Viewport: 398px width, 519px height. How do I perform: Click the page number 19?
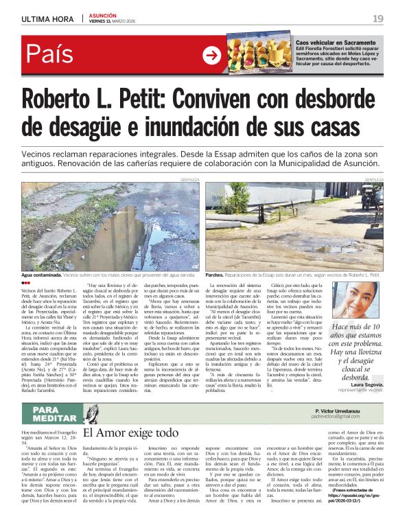378,19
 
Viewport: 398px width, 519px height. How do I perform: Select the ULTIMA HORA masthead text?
47,19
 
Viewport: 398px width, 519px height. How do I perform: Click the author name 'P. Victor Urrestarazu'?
338,410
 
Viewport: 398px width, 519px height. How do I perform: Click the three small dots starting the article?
25,283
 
